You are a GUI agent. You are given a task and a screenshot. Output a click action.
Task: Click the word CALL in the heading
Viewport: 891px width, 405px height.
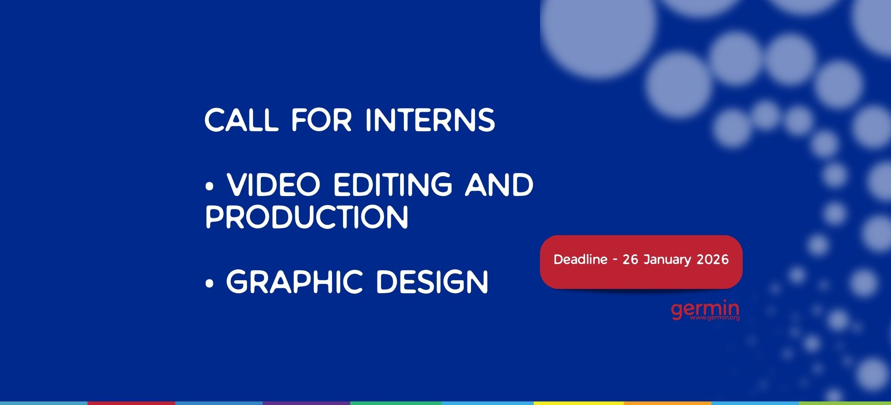click(x=242, y=120)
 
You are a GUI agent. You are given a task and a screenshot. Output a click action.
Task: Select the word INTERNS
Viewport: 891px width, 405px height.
click(x=430, y=120)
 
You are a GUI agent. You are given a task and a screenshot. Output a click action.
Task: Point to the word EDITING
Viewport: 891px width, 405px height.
click(x=392, y=185)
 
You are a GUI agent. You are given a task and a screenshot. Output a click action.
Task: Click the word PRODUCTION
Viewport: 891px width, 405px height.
click(x=307, y=217)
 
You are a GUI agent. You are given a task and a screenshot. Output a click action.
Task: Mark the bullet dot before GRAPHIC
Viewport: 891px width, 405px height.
click(x=209, y=284)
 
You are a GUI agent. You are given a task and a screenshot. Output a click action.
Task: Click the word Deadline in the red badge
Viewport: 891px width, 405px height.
click(x=580, y=259)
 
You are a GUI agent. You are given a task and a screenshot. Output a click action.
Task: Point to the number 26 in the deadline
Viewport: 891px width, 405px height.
click(x=630, y=259)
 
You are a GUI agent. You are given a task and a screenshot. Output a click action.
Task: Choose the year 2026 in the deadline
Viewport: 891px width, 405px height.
click(x=712, y=259)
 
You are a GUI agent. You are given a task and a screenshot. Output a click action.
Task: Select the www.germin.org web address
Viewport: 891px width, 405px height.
click(x=715, y=318)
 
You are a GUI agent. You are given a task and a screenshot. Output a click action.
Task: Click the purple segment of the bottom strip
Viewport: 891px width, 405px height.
click(x=306, y=403)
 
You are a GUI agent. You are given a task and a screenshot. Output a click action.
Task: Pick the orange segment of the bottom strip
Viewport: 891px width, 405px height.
click(x=667, y=403)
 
